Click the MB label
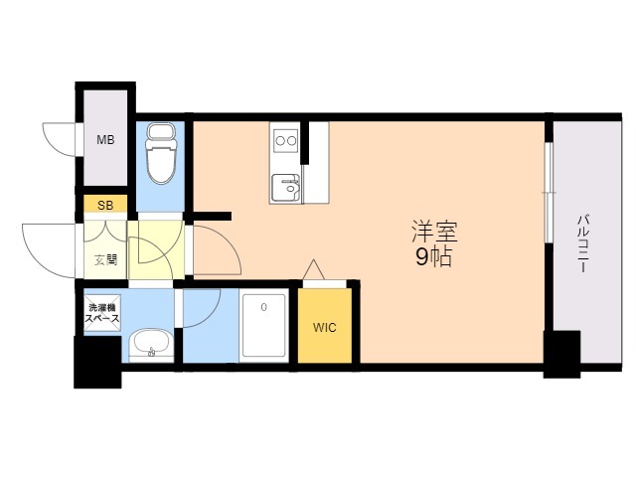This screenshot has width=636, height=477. coord(105,140)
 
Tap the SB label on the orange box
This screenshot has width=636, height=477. coord(104,206)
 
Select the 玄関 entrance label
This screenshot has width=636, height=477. coord(104,261)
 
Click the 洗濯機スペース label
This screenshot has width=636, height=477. coord(103,314)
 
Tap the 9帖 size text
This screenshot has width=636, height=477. coord(435,259)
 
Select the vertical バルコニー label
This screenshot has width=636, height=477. coord(583,243)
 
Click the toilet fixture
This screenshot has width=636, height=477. coord(160,159)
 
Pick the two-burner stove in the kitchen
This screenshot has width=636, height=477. coord(286,140)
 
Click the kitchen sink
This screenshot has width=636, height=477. coord(286,186)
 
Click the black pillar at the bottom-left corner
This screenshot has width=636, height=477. coord(97,363)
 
